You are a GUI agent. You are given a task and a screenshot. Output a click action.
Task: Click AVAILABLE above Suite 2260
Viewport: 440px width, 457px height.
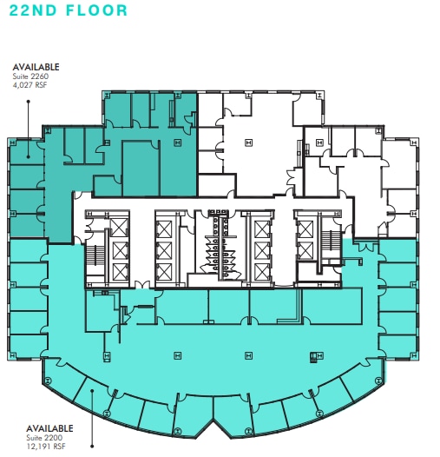[35, 66]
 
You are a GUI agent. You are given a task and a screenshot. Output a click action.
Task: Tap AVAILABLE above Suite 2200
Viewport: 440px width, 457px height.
[49, 428]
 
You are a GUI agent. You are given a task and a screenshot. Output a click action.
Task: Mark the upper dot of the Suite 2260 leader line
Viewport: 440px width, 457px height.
[29, 101]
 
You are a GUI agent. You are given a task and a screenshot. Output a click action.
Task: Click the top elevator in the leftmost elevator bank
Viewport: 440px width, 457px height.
[121, 229]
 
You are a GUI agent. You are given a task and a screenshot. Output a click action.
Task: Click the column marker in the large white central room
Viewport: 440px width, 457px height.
[247, 142]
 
